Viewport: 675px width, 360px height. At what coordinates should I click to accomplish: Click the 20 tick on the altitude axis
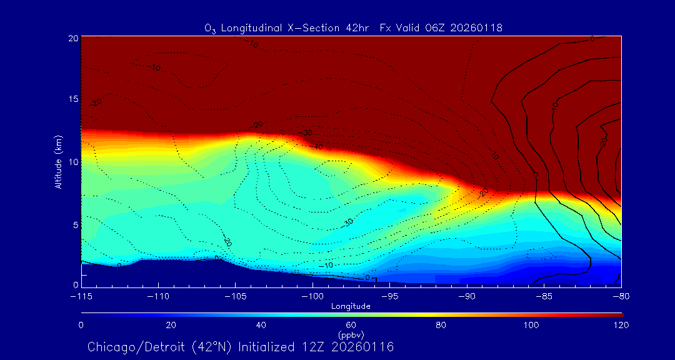pyautogui.click(x=73, y=38)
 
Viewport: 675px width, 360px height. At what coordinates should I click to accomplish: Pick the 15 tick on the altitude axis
pyautogui.click(x=73, y=100)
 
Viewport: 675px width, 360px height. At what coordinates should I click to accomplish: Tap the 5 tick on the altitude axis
pyautogui.click(x=75, y=224)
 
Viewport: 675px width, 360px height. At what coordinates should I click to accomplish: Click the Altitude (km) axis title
pyautogui.click(x=59, y=162)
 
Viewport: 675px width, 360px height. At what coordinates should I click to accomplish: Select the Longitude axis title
pyautogui.click(x=351, y=306)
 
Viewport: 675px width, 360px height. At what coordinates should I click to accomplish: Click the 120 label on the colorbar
pyautogui.click(x=621, y=325)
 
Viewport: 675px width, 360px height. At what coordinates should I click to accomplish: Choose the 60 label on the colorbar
pyautogui.click(x=351, y=325)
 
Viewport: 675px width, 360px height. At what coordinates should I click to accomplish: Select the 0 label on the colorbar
pyautogui.click(x=81, y=325)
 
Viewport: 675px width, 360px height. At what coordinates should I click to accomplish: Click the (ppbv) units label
pyautogui.click(x=351, y=335)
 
